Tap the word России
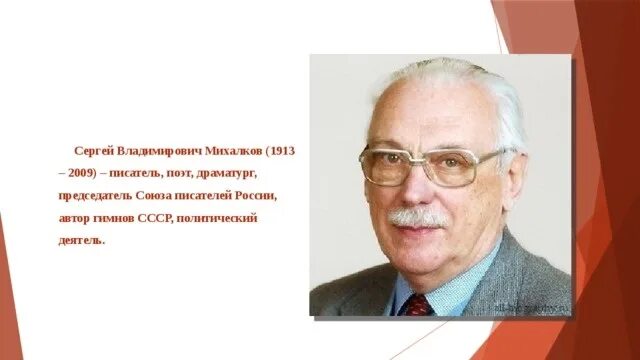tap(253, 195)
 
